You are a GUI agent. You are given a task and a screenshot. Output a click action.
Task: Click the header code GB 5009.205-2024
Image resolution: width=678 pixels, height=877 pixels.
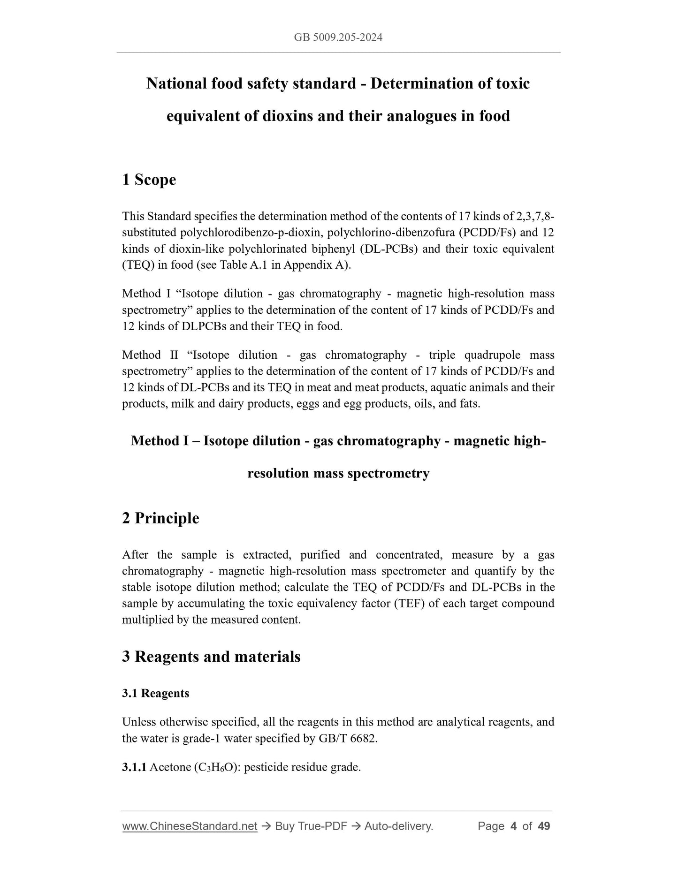click(x=338, y=38)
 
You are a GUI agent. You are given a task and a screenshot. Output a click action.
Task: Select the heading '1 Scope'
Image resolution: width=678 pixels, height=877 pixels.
click(x=149, y=180)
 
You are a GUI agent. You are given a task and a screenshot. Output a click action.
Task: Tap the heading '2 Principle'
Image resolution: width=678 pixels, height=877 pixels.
click(x=160, y=518)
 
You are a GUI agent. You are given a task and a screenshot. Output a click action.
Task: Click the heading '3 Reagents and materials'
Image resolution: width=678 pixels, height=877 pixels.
click(x=211, y=657)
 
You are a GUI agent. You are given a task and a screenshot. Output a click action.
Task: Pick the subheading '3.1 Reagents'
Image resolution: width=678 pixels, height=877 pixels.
click(x=155, y=693)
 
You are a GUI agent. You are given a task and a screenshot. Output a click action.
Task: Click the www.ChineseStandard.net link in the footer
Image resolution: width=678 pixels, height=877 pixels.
click(x=190, y=826)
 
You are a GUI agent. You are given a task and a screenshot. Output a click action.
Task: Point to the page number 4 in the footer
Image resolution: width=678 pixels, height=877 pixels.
click(x=513, y=826)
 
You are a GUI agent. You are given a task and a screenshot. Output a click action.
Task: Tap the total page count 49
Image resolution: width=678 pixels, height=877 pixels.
click(x=544, y=826)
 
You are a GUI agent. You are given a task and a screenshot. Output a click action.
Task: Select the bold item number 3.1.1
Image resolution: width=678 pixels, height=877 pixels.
click(x=134, y=767)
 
